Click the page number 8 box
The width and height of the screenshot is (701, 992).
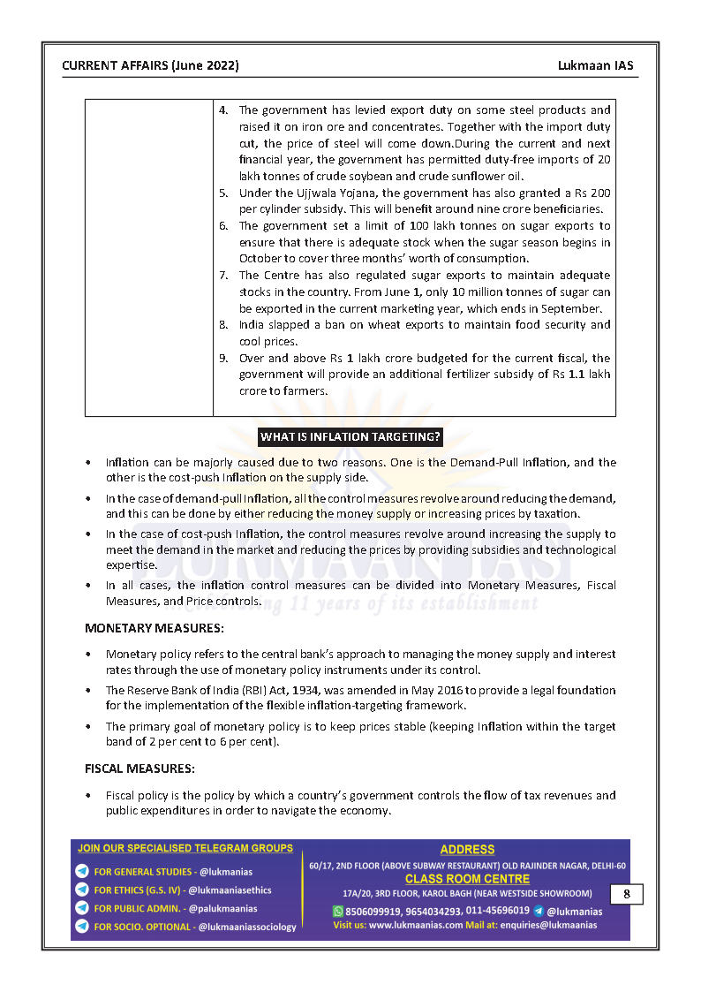pos(626,894)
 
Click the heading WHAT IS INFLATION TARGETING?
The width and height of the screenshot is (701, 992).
pos(350,437)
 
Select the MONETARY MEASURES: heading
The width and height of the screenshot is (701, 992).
pos(154,628)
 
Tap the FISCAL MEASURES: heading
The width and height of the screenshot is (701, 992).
pos(139,769)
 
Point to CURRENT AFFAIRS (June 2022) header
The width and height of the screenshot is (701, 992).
pos(150,66)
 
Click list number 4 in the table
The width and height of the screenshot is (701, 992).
pos(223,110)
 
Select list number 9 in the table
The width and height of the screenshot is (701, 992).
pos(223,359)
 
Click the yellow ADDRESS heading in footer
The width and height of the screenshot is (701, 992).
pos(467,850)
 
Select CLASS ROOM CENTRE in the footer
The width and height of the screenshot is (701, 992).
pos(467,879)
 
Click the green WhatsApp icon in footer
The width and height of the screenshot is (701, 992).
pos(337,911)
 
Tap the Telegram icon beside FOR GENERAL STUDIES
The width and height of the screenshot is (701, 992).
pos(82,872)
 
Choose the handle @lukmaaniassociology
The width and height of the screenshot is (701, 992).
pos(247,927)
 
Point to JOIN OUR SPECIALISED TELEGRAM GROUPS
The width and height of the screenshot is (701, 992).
pos(185,848)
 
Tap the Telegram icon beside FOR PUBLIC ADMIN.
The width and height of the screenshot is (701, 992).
pos(82,908)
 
